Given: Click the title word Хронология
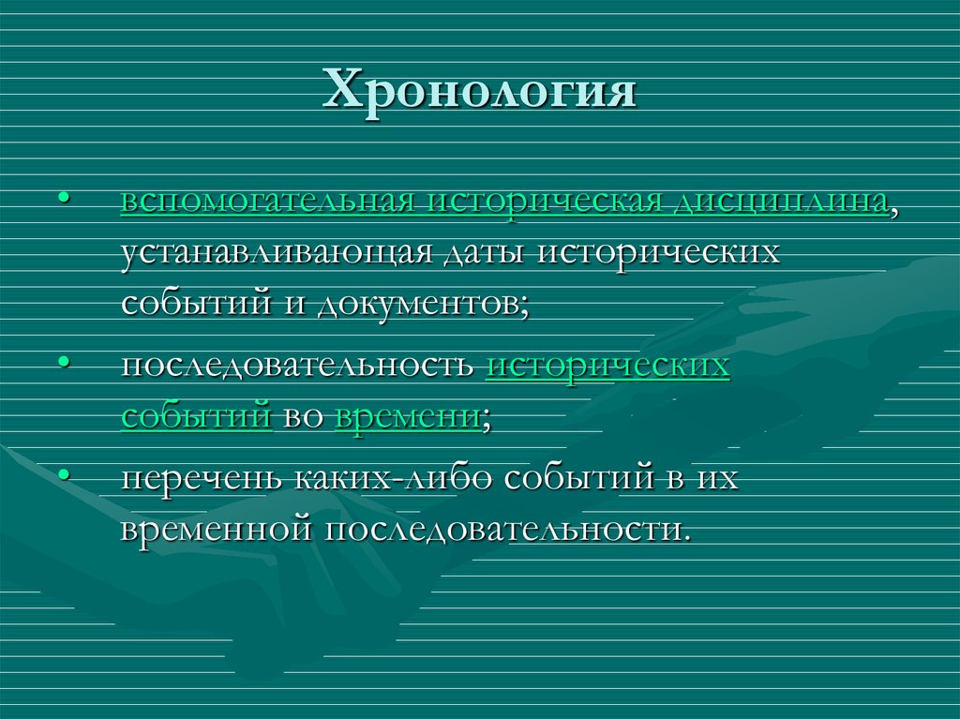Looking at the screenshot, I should pos(479,92).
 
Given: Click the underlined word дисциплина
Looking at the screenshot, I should pos(782,203).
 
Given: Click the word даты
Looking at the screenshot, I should pos(480,254).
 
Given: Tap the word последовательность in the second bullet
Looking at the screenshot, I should pos(296,366).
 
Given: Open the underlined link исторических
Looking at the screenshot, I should pos(607,366).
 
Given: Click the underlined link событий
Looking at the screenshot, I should pos(196,415).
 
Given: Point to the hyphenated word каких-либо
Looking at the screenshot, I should pos(395,478).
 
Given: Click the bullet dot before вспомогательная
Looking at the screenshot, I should pos(64,200).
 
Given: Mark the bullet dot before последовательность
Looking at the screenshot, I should pos(64,362).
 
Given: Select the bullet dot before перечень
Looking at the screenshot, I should pos(64,475).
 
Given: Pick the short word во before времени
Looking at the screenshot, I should pos(303,416).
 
